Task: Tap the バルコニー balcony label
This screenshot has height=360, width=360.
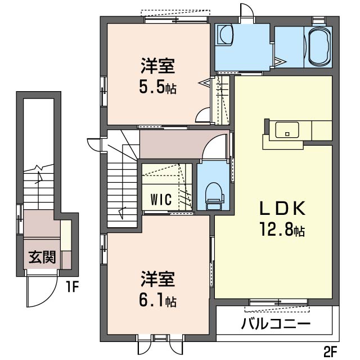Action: click(276, 324)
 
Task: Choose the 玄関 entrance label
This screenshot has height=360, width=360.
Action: click(42, 257)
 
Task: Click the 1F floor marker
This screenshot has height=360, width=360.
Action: click(71, 289)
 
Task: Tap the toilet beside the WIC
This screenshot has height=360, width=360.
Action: click(213, 195)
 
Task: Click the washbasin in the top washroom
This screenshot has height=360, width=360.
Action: click(226, 35)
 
